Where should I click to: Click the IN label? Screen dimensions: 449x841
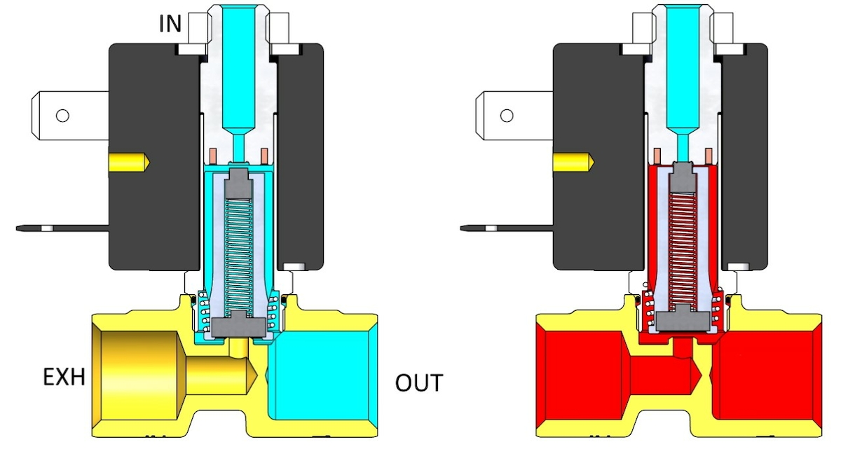(170, 24)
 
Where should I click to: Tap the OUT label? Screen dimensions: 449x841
(419, 383)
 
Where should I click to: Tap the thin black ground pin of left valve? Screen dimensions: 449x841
(63, 228)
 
